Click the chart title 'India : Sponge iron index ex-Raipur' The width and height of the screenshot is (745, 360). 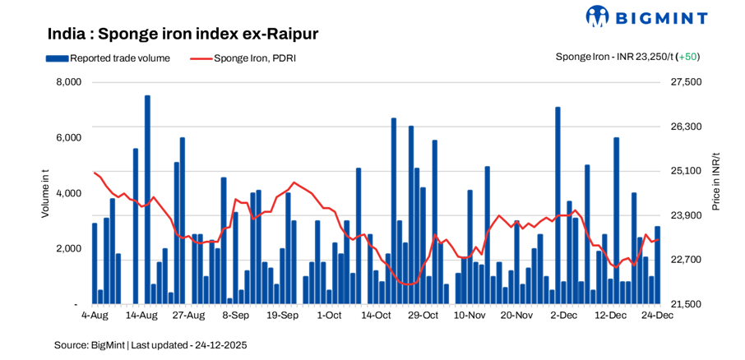(x=183, y=34)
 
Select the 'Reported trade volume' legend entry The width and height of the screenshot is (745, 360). (x=108, y=58)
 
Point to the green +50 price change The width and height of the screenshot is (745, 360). (x=687, y=57)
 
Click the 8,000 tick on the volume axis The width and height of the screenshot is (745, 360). (x=68, y=82)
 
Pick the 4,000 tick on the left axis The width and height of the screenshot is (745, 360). (x=68, y=193)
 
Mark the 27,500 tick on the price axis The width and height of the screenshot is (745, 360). (x=687, y=82)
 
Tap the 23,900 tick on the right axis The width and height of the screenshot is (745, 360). (x=687, y=215)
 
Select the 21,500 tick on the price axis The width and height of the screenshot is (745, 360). (x=687, y=304)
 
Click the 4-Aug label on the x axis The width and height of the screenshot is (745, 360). (x=95, y=315)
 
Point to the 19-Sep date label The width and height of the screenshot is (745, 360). (x=283, y=315)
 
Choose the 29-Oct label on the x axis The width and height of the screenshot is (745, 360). (x=423, y=315)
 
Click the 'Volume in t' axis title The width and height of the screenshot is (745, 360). (x=45, y=193)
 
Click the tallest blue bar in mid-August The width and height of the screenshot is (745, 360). (x=147, y=200)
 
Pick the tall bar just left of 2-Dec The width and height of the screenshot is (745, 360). (x=558, y=205)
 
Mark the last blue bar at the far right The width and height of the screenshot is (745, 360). (x=657, y=265)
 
